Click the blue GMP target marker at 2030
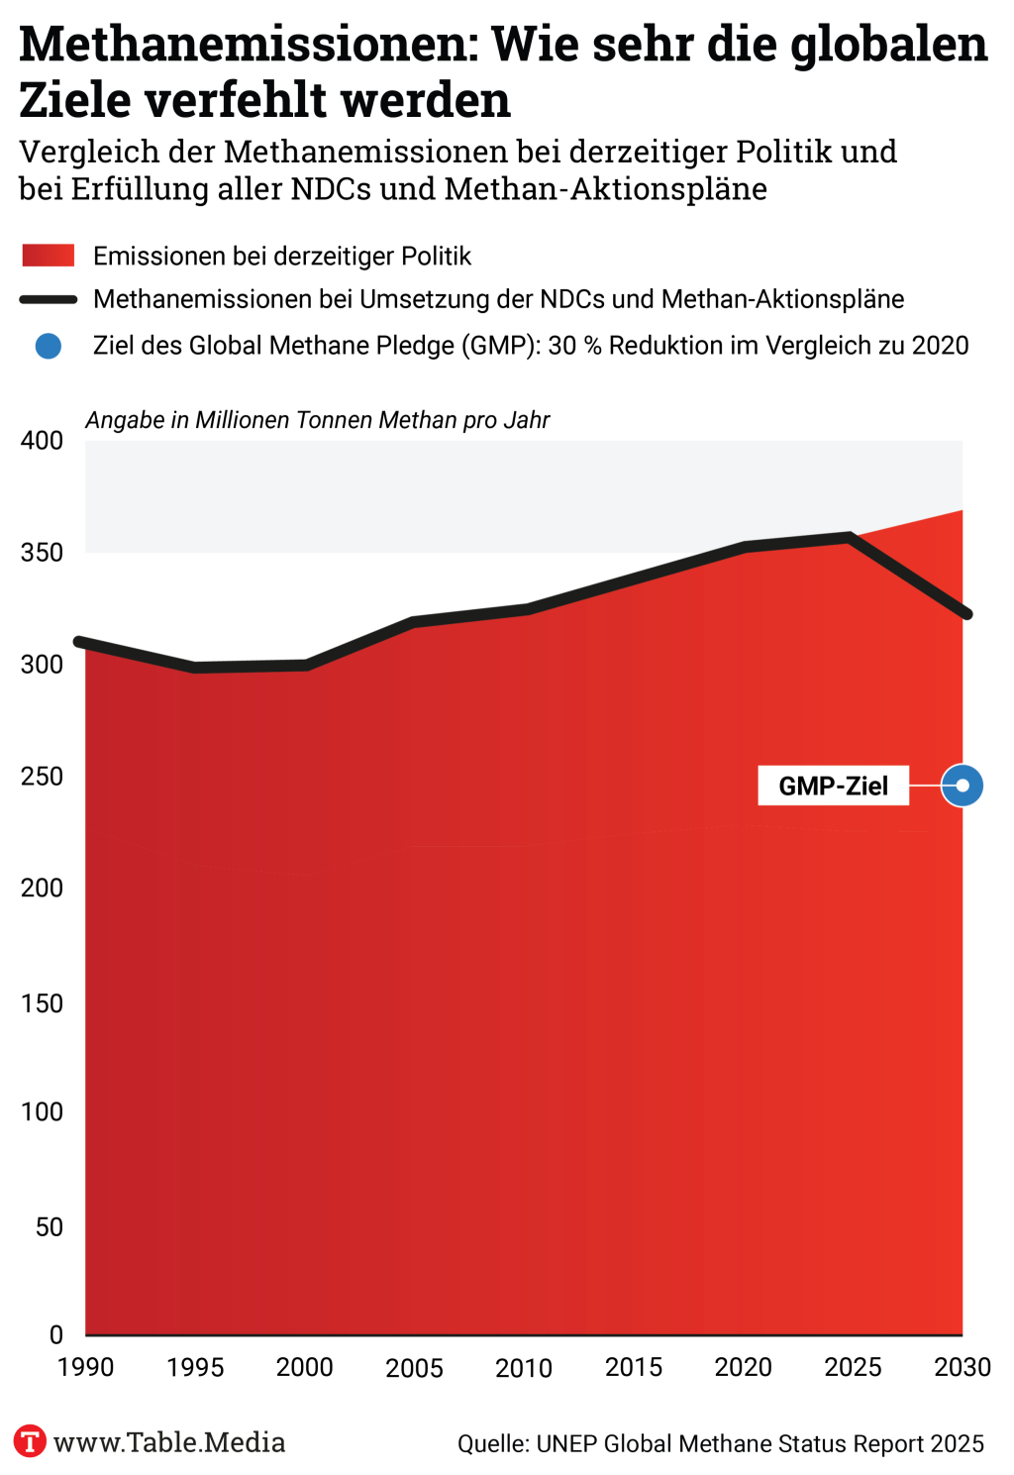(962, 787)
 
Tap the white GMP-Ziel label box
(833, 787)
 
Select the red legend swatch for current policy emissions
(49, 256)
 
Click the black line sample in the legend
(49, 299)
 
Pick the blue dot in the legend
(49, 346)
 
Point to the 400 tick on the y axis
(42, 441)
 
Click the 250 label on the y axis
(42, 777)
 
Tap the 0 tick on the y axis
(56, 1335)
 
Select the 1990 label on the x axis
(86, 1368)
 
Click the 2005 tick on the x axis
(415, 1368)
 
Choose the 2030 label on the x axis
(963, 1368)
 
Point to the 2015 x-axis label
(634, 1368)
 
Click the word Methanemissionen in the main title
(248, 45)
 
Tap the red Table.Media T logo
(30, 1441)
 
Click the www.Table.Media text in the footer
(169, 1442)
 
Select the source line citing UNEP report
(721, 1444)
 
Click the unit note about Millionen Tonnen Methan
(317, 420)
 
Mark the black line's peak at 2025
(850, 537)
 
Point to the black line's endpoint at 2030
(966, 615)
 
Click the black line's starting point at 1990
(79, 642)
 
